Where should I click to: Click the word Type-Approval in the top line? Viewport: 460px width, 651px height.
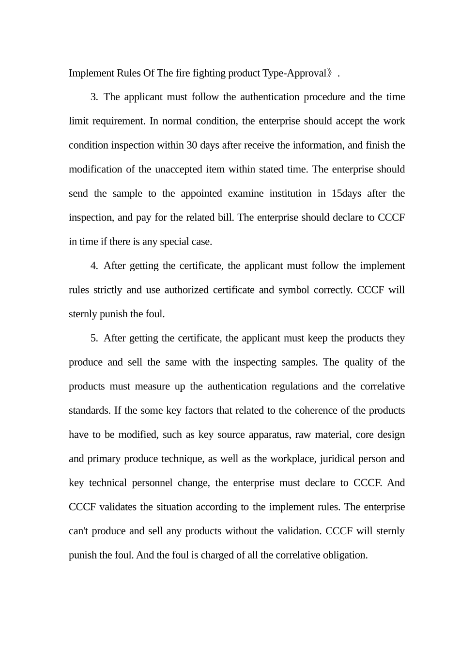coord(294,73)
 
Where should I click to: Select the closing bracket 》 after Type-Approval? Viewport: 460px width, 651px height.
coord(331,73)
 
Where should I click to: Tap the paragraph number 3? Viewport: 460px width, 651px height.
coord(94,97)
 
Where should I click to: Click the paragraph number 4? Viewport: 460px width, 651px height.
coord(94,266)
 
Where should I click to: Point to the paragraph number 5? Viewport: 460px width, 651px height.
coord(94,338)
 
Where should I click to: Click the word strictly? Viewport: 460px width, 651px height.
coord(107,290)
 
